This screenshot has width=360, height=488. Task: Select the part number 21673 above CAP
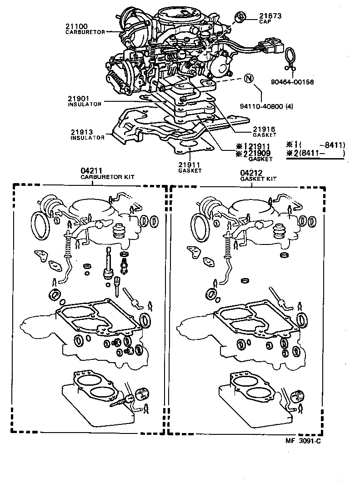[270, 16]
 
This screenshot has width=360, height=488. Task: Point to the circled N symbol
[248, 79]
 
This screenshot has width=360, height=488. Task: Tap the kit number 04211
[91, 171]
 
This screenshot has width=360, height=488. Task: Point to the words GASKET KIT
[258, 179]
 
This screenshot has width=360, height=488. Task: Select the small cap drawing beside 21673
[240, 18]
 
